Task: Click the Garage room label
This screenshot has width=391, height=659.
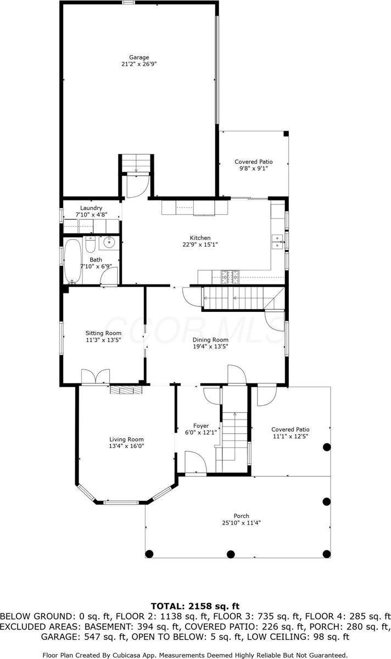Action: (139, 57)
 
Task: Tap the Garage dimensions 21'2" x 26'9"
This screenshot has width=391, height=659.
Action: (139, 64)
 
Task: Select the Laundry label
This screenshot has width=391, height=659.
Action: (91, 208)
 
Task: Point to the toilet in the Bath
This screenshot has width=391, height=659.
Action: (91, 243)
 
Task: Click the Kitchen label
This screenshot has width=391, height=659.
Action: (200, 238)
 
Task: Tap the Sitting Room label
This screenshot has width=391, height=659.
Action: (103, 333)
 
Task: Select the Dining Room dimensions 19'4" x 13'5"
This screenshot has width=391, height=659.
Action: (210, 347)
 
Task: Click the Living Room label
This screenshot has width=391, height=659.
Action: (126, 439)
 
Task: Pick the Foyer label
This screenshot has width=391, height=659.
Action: (201, 426)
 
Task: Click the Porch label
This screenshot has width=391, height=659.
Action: (241, 516)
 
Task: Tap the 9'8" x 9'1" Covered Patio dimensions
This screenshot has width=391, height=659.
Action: (254, 169)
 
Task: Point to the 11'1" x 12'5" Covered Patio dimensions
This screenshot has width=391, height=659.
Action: (291, 437)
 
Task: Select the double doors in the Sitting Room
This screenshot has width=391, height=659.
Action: (95, 377)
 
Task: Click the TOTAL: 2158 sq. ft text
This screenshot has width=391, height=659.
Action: (195, 606)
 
